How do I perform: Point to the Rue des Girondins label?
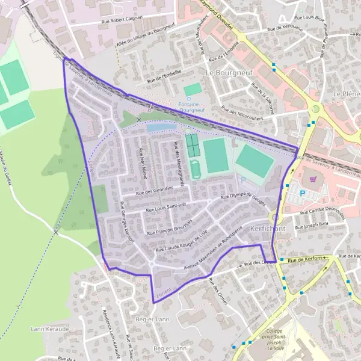coord(155,190)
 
